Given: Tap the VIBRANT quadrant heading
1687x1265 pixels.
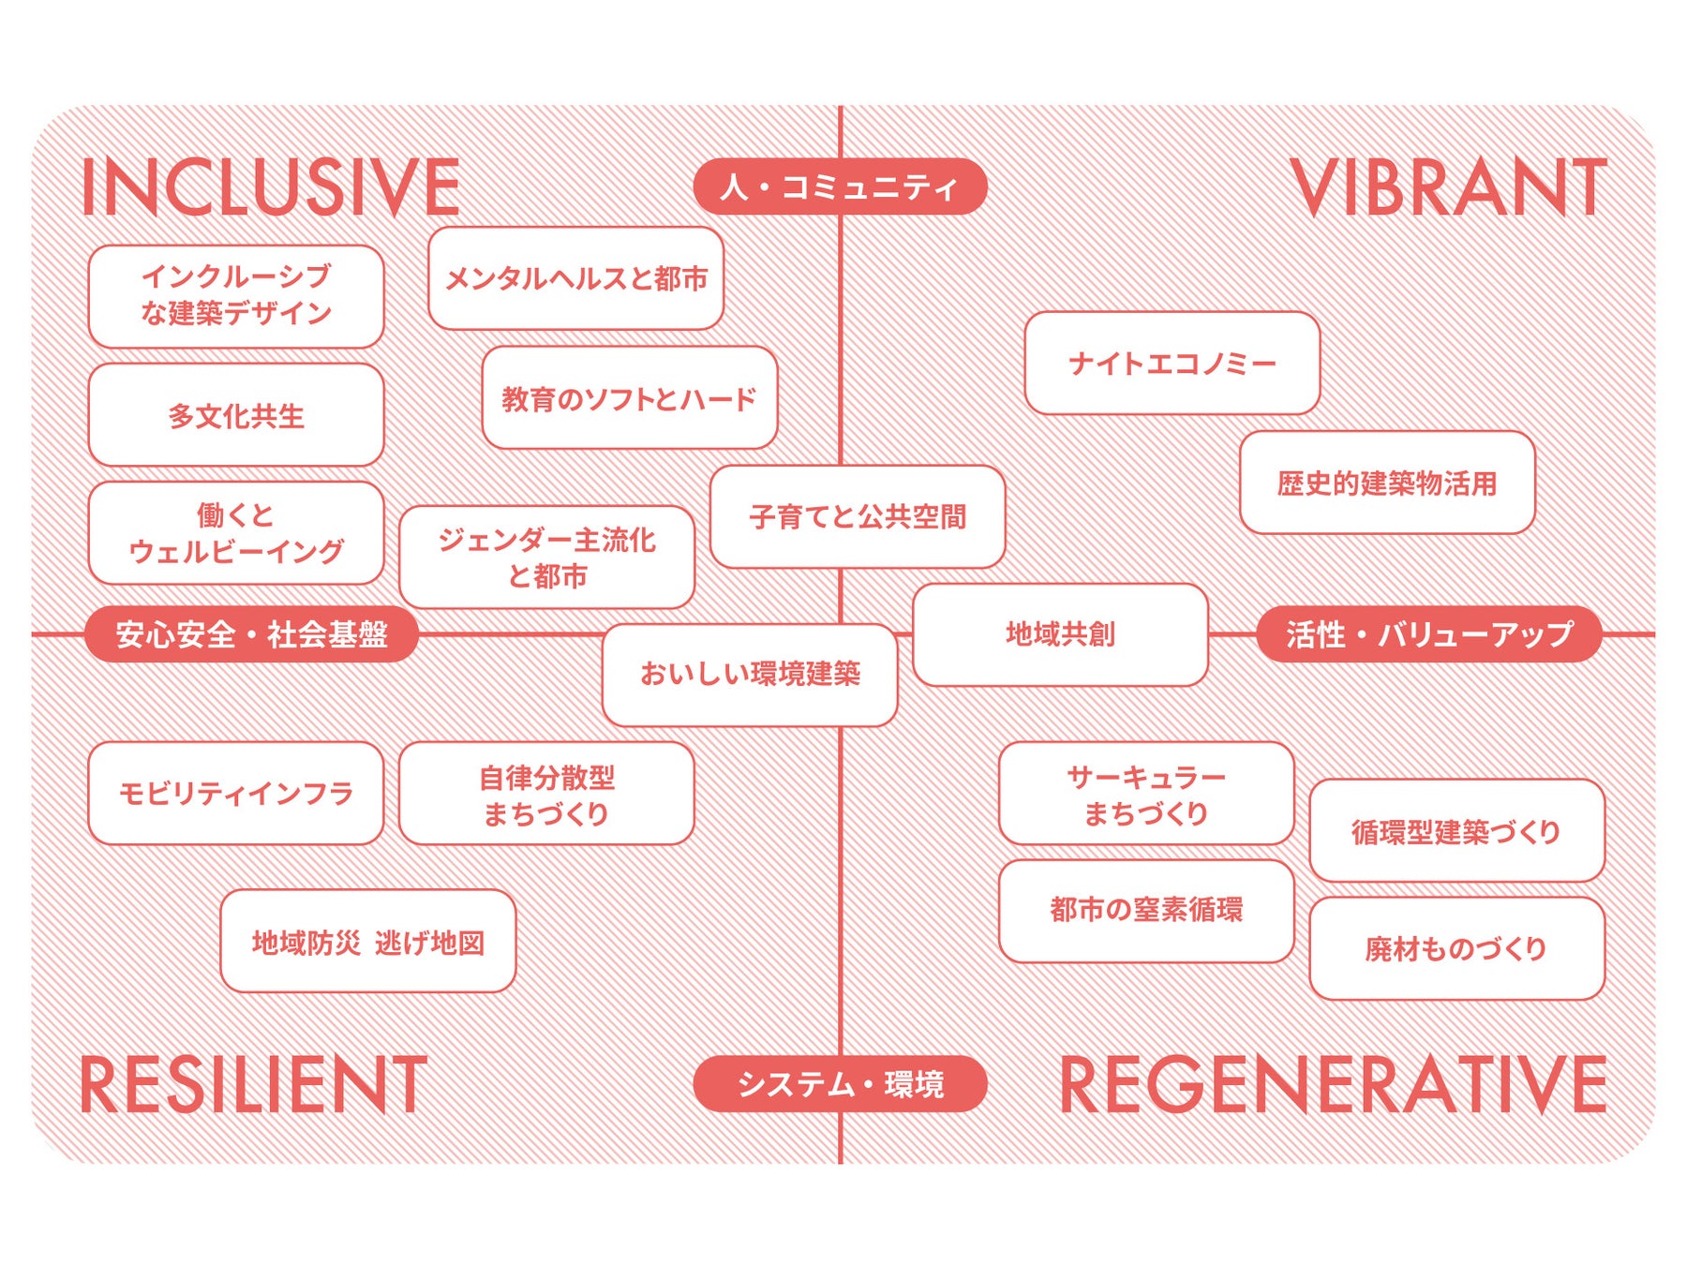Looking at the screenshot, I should click(x=1448, y=187).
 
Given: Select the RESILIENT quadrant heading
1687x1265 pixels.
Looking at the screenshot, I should click(x=254, y=1084).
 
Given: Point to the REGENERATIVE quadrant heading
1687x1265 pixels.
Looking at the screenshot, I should click(x=1333, y=1084).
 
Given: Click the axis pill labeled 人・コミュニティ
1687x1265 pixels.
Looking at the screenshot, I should click(x=840, y=186).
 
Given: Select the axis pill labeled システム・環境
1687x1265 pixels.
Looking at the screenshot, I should click(x=840, y=1084).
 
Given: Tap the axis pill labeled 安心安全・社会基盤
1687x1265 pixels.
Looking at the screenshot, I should click(x=251, y=634).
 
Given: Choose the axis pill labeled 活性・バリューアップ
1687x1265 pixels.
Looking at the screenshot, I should click(x=1428, y=634).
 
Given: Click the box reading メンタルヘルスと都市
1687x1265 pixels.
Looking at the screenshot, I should click(x=575, y=278).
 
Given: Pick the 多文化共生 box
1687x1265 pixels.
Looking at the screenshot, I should click(x=236, y=415).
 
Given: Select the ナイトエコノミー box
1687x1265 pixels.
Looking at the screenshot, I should click(x=1172, y=363).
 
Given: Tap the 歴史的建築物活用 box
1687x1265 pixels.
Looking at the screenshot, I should click(x=1387, y=483).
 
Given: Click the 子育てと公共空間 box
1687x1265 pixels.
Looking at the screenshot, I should click(x=858, y=516).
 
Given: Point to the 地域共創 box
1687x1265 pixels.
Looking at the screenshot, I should click(x=1060, y=634).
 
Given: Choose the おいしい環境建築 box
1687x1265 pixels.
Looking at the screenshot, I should click(x=750, y=674).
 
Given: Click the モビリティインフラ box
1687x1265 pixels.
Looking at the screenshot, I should click(x=236, y=794).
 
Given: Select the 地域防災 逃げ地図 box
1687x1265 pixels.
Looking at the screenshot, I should click(x=368, y=941).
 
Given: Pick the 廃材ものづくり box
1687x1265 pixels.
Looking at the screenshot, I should click(x=1456, y=948).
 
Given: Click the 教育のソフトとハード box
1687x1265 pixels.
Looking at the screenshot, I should click(x=629, y=398).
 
